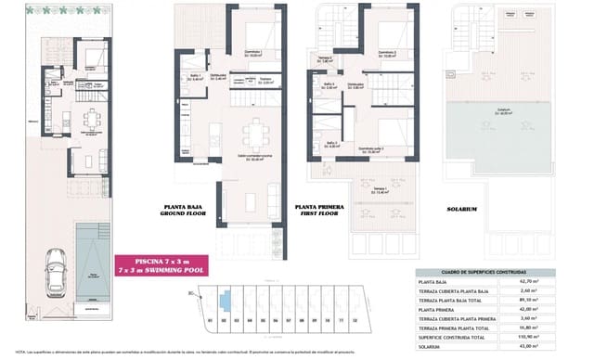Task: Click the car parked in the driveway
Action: pyautogui.click(x=55, y=276)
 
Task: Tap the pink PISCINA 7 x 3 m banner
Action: pyautogui.click(x=161, y=265)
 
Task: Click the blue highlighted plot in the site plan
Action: pyautogui.click(x=225, y=300)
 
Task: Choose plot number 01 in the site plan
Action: pyautogui.click(x=211, y=320)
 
